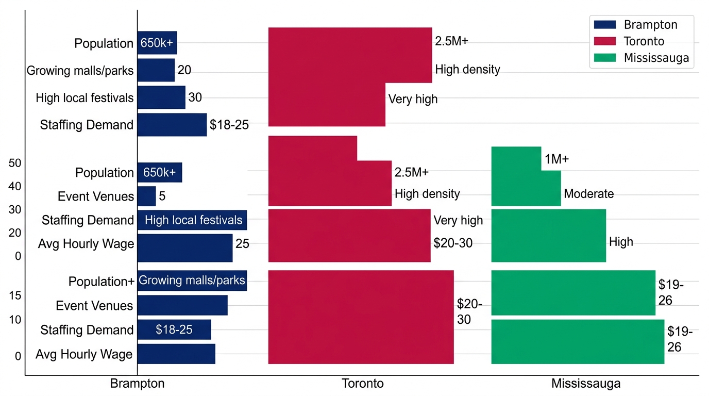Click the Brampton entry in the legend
point(650,25)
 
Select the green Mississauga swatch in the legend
point(604,57)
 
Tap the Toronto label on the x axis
point(363,384)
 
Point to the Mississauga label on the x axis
point(586,384)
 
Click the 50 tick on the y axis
point(15,163)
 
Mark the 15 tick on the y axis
point(15,295)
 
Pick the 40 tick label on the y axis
point(15,186)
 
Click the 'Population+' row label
point(102,282)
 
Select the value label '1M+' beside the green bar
point(556,160)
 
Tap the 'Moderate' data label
point(589,194)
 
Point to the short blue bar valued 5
point(147,196)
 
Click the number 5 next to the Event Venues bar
point(162,196)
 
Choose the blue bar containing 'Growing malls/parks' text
point(192,280)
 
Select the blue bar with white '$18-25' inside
point(174,329)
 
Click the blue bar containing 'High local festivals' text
point(192,220)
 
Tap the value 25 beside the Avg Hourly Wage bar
point(242,243)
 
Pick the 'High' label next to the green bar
point(621,242)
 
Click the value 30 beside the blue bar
point(195,97)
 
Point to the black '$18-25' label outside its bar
point(229,125)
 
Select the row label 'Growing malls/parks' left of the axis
point(80,71)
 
